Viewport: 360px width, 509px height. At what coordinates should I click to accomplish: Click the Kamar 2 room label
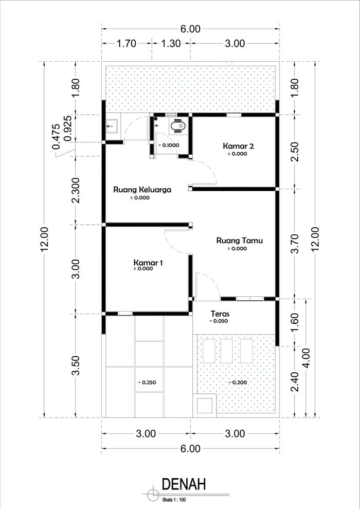[238, 146]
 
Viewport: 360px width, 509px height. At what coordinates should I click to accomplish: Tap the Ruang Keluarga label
[142, 190]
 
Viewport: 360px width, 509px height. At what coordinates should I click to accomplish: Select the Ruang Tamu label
[240, 241]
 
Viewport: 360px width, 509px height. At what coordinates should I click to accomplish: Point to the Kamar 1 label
[148, 262]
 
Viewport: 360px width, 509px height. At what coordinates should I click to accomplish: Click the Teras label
[220, 314]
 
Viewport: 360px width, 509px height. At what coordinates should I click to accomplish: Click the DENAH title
[184, 484]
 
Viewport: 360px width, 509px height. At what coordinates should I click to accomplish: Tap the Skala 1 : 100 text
[174, 500]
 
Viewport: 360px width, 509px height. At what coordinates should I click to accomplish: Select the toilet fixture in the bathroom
[178, 125]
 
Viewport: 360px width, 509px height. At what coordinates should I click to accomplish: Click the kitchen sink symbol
[112, 125]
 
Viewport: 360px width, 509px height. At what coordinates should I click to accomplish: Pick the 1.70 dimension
[127, 44]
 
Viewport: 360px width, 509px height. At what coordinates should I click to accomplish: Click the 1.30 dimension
[170, 44]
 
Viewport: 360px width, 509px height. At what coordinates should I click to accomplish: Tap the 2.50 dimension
[295, 151]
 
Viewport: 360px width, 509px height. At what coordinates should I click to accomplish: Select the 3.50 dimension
[76, 365]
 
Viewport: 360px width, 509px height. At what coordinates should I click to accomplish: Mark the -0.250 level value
[147, 383]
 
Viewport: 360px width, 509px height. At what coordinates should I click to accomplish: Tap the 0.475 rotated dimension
[56, 137]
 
